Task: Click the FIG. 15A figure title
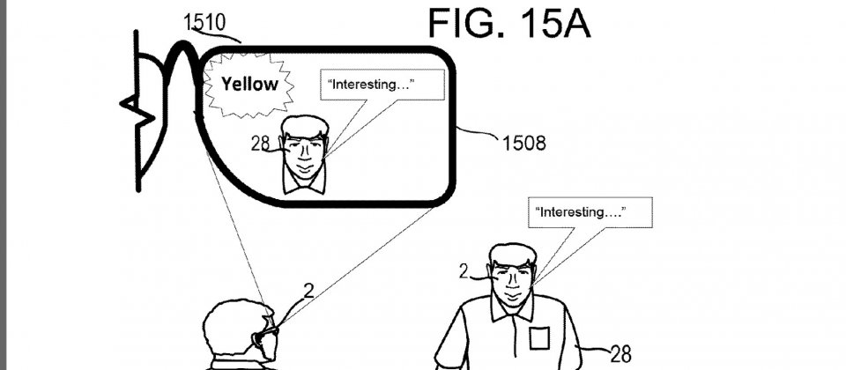(508, 23)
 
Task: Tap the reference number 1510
(204, 23)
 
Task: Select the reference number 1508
(523, 143)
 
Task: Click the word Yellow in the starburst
(249, 84)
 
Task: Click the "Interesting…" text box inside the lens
(382, 85)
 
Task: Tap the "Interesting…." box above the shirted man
(590, 212)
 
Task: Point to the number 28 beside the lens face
(260, 143)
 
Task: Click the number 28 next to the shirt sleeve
(620, 354)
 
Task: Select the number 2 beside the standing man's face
(464, 271)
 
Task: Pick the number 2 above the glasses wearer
(308, 292)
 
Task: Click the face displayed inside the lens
(305, 150)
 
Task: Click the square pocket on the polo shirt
(539, 338)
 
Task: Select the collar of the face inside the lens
(304, 185)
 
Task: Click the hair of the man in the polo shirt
(513, 254)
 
